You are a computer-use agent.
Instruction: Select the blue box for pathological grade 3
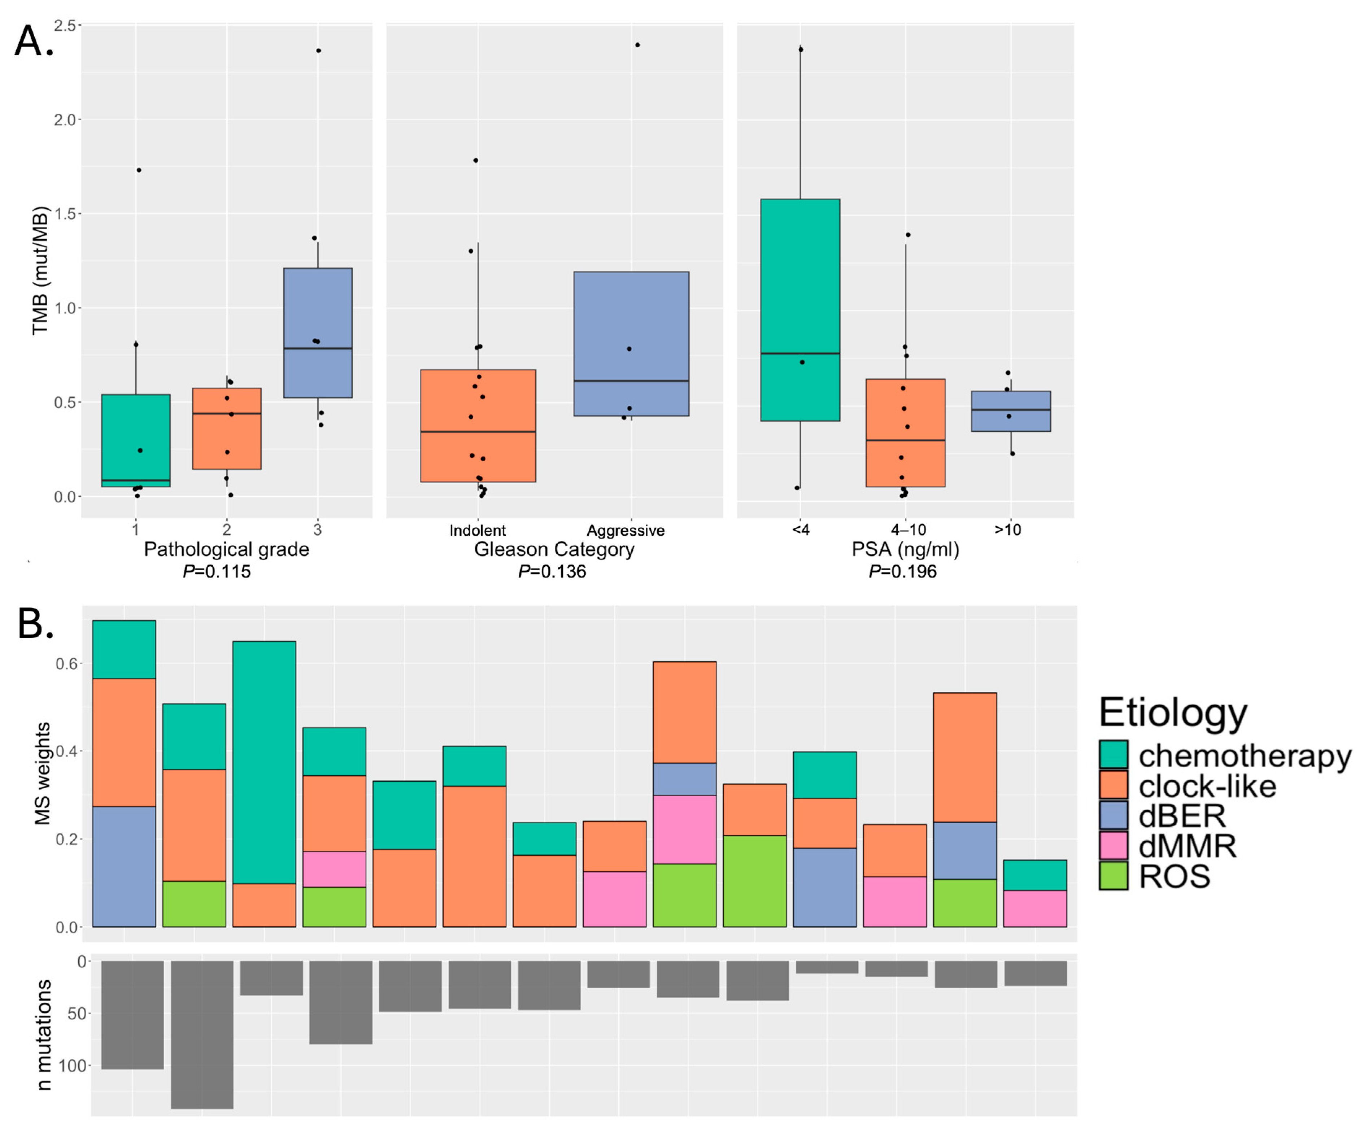tap(318, 333)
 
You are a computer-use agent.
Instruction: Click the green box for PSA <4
tap(800, 310)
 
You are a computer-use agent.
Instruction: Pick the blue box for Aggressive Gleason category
tap(631, 344)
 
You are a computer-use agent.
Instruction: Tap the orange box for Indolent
tap(478, 426)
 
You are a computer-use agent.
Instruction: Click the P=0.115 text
tap(216, 572)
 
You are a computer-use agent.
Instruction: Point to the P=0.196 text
tap(903, 572)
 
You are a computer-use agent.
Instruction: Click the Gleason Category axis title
tap(554, 550)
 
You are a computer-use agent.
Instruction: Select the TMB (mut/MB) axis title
tap(40, 270)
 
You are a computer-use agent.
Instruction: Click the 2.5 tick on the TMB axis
tap(64, 25)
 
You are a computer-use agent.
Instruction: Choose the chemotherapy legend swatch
tap(1113, 755)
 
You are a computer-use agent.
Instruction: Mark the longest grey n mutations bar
tap(202, 1035)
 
